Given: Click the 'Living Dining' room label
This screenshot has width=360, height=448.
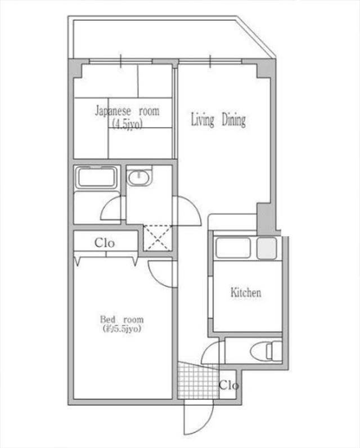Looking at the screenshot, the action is (218, 120).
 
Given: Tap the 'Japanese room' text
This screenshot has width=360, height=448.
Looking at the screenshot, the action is (127, 111).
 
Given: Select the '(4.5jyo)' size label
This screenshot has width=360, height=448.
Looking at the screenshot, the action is (127, 124).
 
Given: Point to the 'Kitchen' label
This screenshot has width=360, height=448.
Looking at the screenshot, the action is (246, 292).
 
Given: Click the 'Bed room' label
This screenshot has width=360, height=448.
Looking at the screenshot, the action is (122, 319).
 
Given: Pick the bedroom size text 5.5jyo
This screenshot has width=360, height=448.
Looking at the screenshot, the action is (122, 329).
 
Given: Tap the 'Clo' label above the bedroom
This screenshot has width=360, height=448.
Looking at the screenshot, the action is (105, 243).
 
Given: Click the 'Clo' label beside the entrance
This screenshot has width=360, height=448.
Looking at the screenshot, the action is (228, 386).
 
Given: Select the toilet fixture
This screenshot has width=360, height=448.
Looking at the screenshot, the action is (265, 351).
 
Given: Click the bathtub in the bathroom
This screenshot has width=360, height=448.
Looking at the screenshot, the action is (97, 178).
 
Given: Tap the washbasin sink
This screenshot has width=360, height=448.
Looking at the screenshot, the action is (138, 178).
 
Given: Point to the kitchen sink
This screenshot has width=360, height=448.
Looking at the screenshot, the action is (233, 248).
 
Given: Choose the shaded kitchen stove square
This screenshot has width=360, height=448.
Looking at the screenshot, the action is (267, 248).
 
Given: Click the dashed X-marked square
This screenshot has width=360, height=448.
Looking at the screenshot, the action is (157, 238).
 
